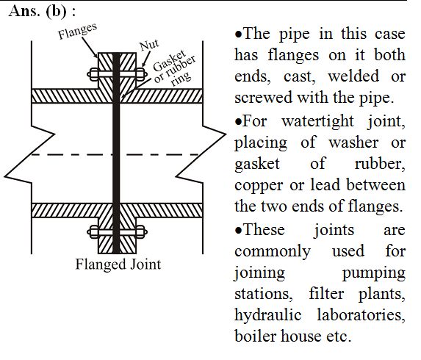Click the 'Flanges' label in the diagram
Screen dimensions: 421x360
click(x=78, y=31)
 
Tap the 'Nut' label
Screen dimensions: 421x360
click(x=149, y=45)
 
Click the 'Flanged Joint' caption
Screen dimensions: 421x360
click(x=118, y=264)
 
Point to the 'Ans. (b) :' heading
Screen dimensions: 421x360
click(x=42, y=12)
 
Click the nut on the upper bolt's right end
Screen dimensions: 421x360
click(x=141, y=74)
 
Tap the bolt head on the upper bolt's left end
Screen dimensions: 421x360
click(x=93, y=74)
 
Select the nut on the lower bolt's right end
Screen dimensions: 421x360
click(x=141, y=232)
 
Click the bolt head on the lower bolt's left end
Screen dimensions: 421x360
click(x=93, y=232)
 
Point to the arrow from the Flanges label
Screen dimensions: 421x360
click(x=90, y=47)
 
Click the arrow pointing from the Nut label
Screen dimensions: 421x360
click(x=145, y=59)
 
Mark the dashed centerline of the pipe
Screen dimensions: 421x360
click(x=115, y=154)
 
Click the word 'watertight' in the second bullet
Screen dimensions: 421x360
click(x=317, y=121)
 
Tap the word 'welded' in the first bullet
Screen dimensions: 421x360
click(x=353, y=76)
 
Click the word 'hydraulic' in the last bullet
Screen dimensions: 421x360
click(x=267, y=314)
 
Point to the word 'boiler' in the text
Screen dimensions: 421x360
click(x=255, y=336)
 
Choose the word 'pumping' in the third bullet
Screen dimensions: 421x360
click(x=373, y=273)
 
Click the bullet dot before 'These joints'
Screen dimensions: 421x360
click(x=238, y=231)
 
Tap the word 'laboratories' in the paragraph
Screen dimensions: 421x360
click(x=361, y=314)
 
